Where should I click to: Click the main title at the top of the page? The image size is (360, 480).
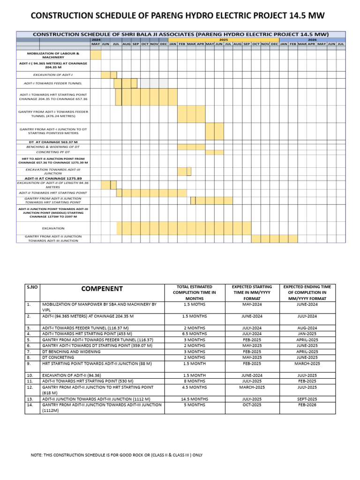(177, 16)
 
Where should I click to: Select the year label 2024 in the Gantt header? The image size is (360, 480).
(96, 40)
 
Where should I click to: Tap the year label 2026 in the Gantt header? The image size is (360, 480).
(312, 40)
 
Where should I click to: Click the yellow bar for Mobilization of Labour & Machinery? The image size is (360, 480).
(96, 55)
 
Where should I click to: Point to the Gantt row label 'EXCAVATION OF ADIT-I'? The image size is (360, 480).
(53, 75)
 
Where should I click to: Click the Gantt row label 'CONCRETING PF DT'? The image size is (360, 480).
(53, 152)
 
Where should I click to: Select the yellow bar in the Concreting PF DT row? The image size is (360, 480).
(215, 152)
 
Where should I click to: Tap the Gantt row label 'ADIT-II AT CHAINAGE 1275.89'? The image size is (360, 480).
(53, 178)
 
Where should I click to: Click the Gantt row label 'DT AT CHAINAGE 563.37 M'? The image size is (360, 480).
(53, 142)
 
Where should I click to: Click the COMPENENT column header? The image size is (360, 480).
(102, 289)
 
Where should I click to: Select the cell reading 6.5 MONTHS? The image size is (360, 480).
(195, 334)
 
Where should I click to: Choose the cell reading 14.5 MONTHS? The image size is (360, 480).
(195, 398)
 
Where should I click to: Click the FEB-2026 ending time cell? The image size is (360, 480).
(307, 405)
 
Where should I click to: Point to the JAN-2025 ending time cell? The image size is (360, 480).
(307, 334)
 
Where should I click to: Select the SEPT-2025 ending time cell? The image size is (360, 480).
(307, 398)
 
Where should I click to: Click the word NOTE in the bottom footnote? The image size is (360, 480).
(37, 455)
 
